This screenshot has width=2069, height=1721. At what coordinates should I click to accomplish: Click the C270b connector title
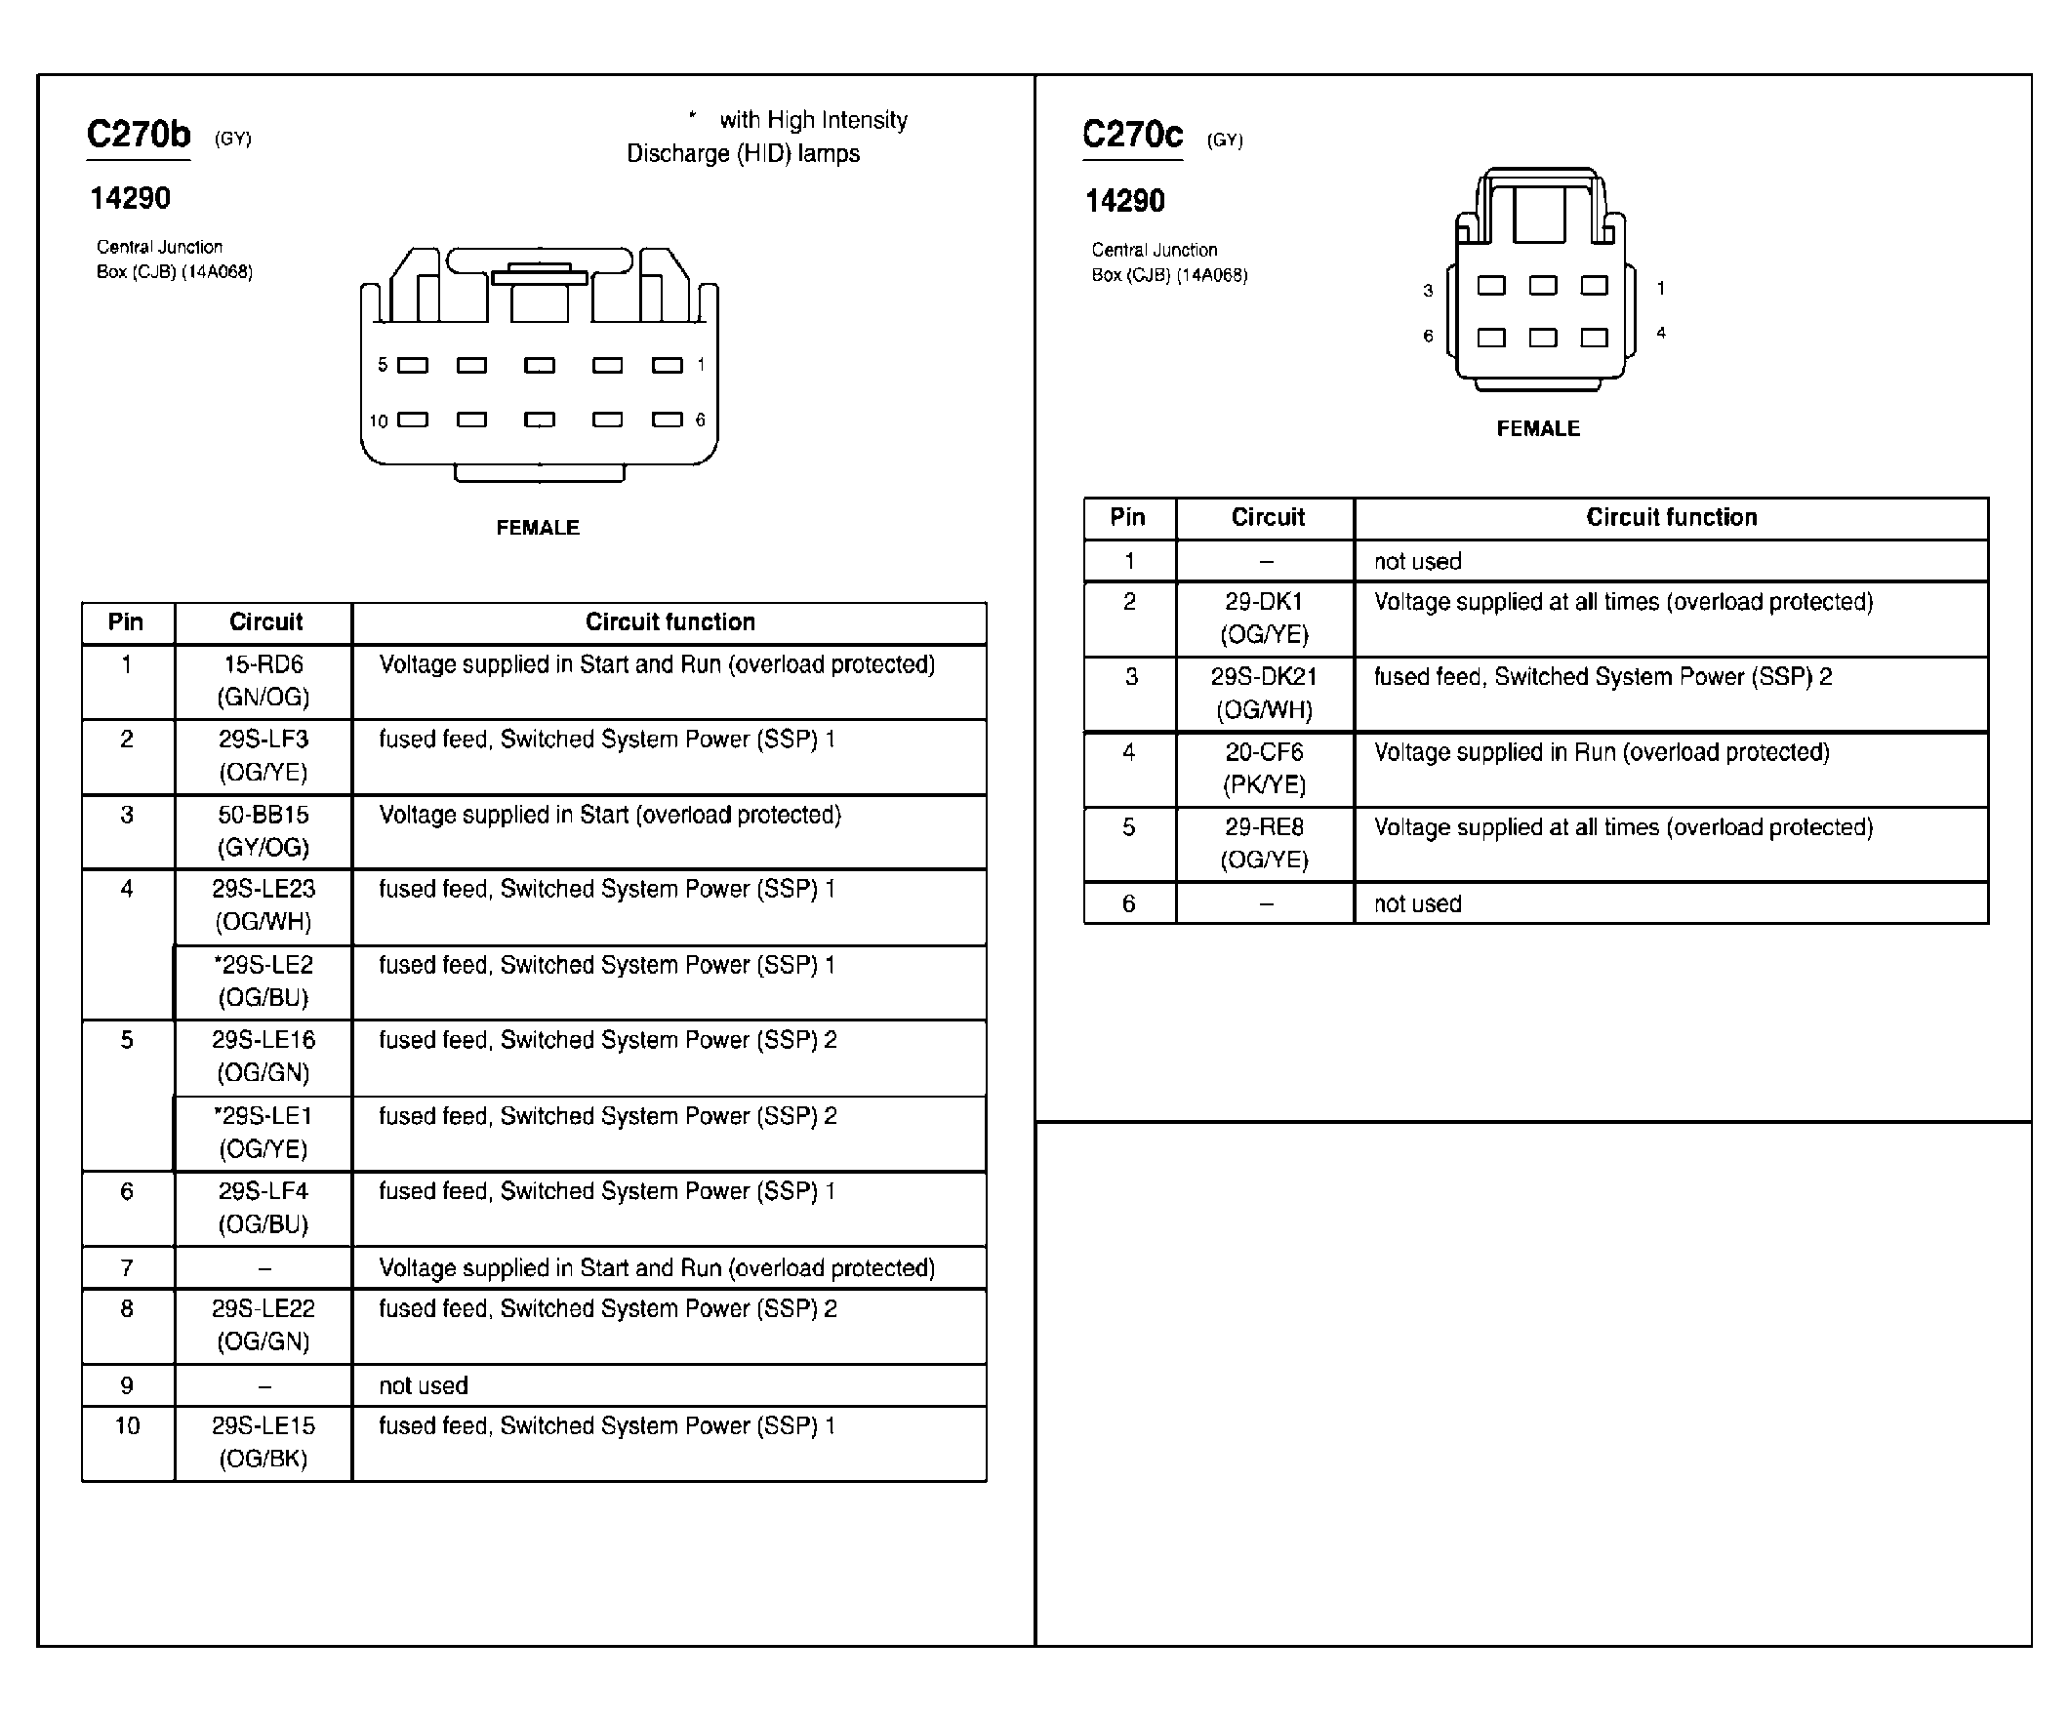tap(139, 134)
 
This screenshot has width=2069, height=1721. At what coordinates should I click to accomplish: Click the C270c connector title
tap(1132, 135)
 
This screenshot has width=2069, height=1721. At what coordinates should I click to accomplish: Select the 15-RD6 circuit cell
tap(264, 681)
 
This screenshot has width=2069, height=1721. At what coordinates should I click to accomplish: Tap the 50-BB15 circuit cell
tap(264, 830)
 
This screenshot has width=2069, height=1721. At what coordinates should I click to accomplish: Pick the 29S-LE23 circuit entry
tap(264, 904)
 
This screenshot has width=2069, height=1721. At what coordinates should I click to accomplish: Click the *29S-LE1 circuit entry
tap(264, 1132)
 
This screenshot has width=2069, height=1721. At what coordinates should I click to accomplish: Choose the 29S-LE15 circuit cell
tap(264, 1441)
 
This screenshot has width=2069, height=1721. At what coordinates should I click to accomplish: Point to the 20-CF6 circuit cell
tap(1264, 768)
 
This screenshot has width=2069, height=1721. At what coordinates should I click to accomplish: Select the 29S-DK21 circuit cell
tap(1264, 693)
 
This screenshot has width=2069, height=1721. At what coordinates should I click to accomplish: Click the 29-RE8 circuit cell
tap(1264, 842)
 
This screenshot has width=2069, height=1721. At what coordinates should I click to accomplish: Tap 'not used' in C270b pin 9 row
tap(424, 1385)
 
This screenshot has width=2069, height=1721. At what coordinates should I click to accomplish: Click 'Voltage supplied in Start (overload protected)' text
tap(610, 815)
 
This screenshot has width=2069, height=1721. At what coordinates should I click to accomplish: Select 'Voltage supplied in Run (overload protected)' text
tap(1601, 752)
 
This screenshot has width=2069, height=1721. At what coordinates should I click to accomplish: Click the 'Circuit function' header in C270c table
tap(1671, 517)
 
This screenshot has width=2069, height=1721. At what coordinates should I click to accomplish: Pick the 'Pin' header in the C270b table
tap(126, 621)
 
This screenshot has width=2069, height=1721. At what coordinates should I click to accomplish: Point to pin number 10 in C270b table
tap(127, 1425)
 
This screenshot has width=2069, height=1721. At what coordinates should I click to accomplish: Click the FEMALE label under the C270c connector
tap(1538, 428)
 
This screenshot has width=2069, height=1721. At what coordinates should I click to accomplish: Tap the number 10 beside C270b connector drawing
tap(379, 421)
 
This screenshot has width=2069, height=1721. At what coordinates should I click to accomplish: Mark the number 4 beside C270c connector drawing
tap(1661, 333)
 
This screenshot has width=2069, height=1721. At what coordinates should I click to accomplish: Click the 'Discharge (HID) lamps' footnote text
tap(743, 154)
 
